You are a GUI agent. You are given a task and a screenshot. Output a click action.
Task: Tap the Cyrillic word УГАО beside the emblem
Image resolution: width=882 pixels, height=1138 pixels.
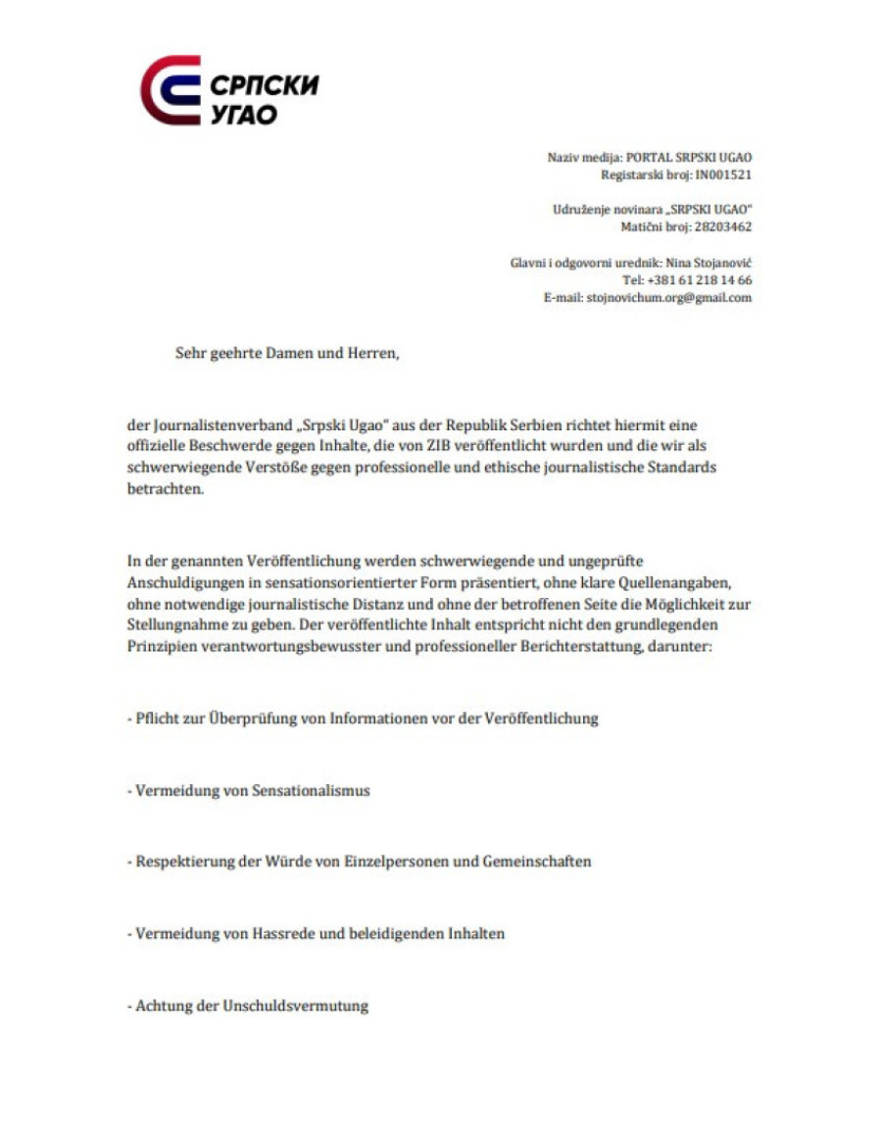tap(244, 114)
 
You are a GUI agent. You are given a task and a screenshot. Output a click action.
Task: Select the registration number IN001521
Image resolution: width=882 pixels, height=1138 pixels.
tap(723, 174)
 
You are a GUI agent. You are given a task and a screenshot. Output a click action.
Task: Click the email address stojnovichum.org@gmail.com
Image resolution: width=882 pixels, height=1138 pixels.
tap(669, 298)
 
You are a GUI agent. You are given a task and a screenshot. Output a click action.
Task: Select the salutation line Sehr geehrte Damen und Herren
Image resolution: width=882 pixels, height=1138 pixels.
tap(288, 354)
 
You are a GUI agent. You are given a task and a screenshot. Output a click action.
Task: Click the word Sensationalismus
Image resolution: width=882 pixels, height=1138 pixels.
tap(311, 790)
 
